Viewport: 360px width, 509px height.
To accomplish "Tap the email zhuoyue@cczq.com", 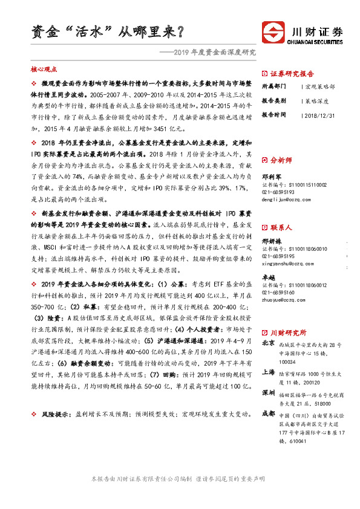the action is [x=281, y=299].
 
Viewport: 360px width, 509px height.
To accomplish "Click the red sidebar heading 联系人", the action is [x=281, y=228].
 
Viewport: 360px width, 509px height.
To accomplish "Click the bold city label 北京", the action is [x=267, y=343].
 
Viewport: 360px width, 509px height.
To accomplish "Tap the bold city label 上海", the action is [x=267, y=372].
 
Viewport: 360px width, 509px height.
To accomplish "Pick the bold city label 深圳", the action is [x=267, y=394].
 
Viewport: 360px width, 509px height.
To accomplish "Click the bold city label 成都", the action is [x=267, y=415].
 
